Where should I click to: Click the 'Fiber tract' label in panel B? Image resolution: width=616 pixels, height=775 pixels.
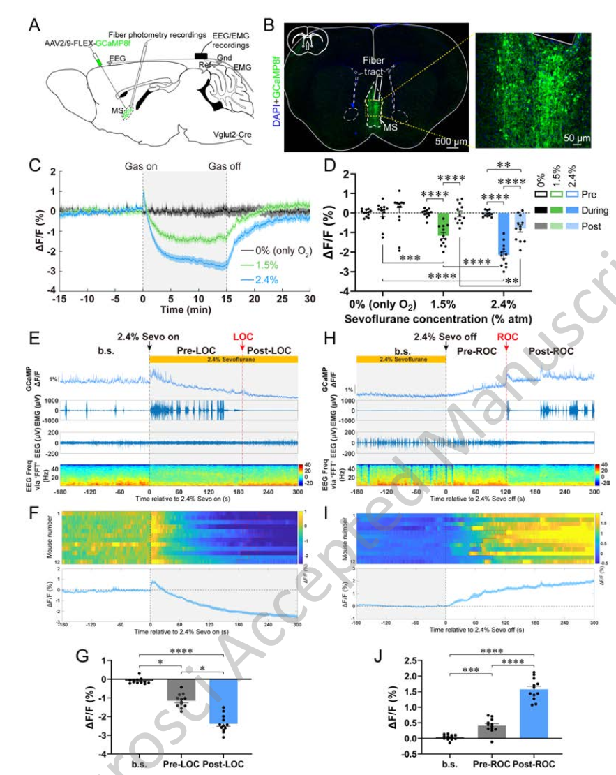pyautogui.click(x=375, y=66)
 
